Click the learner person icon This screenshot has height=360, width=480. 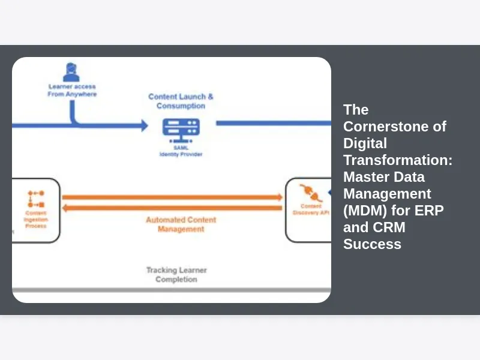point(71,73)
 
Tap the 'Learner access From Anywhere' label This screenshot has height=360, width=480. point(72,91)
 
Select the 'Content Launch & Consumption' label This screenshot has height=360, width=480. point(181,101)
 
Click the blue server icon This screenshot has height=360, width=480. point(181,129)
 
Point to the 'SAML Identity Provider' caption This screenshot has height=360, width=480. point(181,151)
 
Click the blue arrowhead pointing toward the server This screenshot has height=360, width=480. point(144,125)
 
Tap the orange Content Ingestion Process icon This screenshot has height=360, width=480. point(35,199)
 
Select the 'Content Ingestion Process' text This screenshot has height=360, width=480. point(36,219)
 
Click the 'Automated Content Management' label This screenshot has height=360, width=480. point(181,224)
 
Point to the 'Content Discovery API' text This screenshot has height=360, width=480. point(311,209)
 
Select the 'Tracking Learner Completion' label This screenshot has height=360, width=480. point(176,275)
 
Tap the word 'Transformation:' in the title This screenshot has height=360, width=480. point(398,160)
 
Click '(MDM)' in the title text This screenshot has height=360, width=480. point(362,211)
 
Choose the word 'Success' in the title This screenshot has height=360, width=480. point(372,244)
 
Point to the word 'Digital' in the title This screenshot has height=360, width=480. point(365,143)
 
